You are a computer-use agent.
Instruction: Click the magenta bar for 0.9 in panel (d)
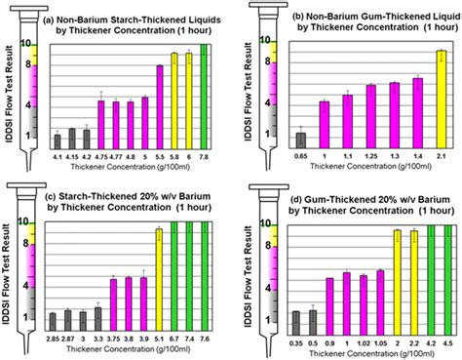[328, 303]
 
